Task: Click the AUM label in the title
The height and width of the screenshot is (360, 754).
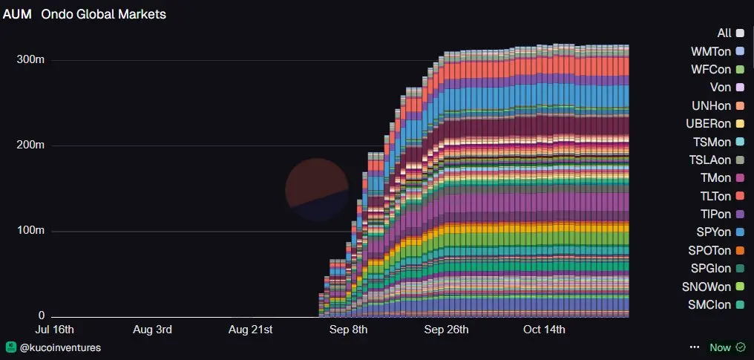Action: coord(17,14)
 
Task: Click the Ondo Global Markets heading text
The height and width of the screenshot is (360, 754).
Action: coord(103,14)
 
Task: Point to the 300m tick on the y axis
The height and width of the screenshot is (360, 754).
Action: coord(30,59)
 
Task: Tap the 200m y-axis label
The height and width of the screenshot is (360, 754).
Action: coord(30,145)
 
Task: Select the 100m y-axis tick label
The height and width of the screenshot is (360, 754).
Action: coord(30,232)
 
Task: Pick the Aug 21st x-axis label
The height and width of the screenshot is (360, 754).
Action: coord(251,330)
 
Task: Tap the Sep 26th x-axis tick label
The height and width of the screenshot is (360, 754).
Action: coord(445,330)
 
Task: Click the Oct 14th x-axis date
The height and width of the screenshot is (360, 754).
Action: coord(544,330)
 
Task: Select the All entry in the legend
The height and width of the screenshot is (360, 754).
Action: coord(724,33)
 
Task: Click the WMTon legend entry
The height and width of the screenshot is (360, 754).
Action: coord(711,51)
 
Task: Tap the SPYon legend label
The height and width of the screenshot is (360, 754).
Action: coord(711,232)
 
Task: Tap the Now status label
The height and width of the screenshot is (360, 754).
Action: coord(720,347)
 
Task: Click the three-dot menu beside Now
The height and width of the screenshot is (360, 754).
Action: coord(695,347)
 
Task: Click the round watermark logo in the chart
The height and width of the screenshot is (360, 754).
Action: coord(317,189)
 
